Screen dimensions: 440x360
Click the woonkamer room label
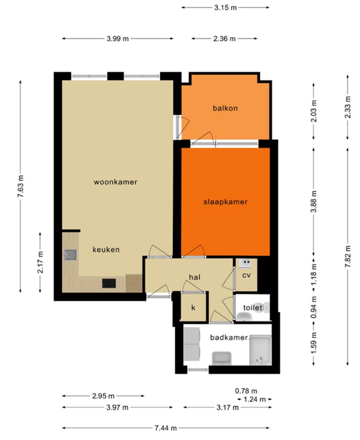(115, 182)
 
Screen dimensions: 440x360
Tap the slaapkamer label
(225, 202)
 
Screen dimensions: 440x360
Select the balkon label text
(225, 108)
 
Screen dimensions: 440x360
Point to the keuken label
(106, 249)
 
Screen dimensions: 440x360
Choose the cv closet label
(246, 275)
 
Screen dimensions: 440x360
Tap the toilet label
(252, 308)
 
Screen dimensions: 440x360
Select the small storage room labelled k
(193, 307)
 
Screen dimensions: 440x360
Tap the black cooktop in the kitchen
(109, 283)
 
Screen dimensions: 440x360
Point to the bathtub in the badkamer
(260, 350)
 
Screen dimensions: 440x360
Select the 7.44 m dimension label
(166, 428)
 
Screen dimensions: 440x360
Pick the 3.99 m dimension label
(117, 39)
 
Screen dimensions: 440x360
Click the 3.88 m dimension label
(313, 201)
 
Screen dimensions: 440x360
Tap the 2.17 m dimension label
(40, 262)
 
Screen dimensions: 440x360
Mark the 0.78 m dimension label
(246, 391)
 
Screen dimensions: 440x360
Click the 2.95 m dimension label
(103, 396)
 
